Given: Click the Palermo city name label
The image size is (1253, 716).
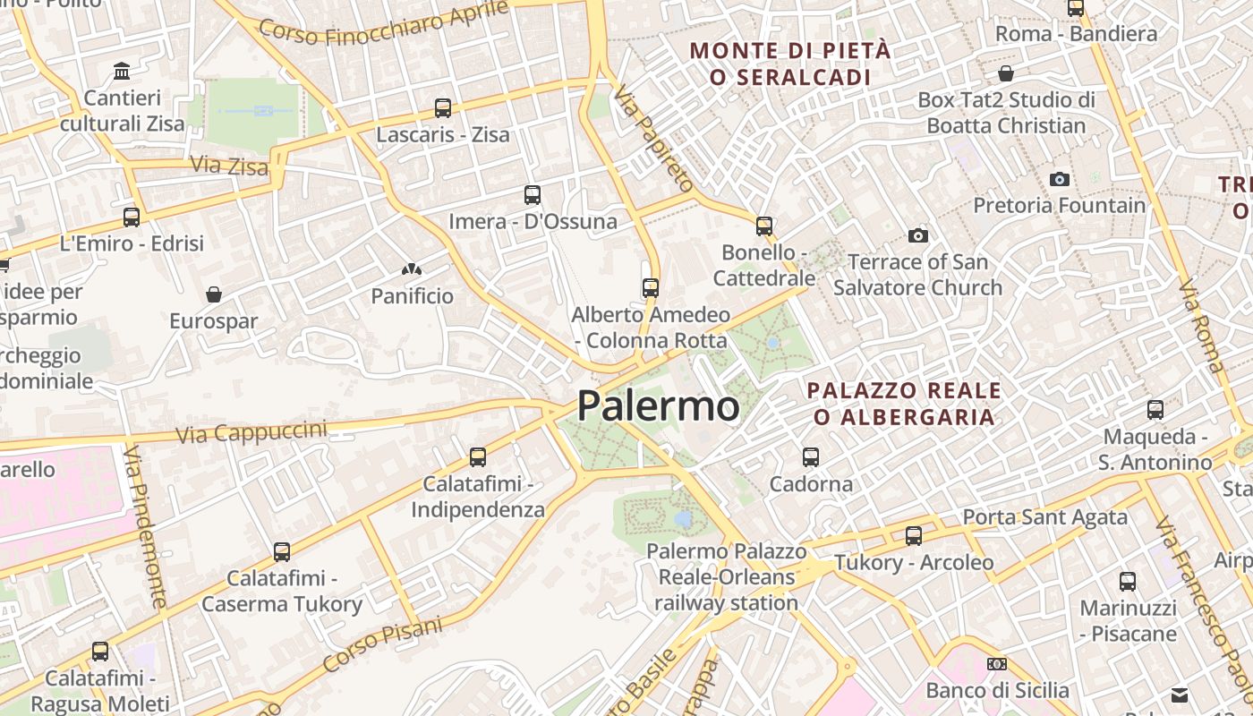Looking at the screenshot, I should [x=658, y=406].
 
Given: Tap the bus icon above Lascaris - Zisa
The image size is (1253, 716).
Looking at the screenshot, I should [x=442, y=108].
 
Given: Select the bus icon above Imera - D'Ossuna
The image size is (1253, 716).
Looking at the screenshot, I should [x=533, y=194].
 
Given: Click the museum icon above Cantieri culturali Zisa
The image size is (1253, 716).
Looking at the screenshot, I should [x=122, y=71].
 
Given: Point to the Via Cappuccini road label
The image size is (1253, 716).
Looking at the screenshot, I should [x=251, y=432].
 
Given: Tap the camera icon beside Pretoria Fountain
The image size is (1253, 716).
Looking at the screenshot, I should [x=1060, y=180].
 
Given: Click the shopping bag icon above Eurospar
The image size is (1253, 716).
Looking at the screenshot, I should [x=214, y=294].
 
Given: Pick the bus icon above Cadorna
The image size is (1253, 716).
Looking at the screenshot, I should [x=811, y=457].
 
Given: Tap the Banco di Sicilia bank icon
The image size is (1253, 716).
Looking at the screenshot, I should [x=997, y=664].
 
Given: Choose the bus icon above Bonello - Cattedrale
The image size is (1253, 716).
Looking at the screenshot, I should [x=763, y=226].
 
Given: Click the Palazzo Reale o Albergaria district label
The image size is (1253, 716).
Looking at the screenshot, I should [x=904, y=404].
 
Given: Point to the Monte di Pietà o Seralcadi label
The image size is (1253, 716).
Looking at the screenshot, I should [x=790, y=64].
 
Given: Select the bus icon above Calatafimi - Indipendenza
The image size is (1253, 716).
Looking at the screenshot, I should [x=478, y=457].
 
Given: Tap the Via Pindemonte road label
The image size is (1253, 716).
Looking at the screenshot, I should [x=146, y=528].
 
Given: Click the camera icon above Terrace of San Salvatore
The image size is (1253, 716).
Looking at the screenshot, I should [x=917, y=236].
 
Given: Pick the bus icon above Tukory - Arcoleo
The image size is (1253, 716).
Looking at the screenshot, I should [x=914, y=536].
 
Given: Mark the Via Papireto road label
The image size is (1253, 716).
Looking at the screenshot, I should [x=653, y=138].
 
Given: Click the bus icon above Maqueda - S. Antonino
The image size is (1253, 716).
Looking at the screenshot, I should [x=1155, y=410].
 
